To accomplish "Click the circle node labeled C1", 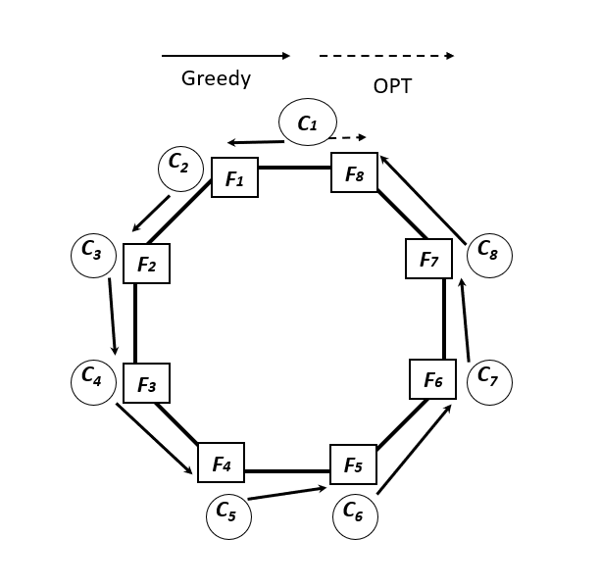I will point(308,123).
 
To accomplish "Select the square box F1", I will point(235,178).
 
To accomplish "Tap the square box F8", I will point(354,172).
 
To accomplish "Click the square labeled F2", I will point(147,264).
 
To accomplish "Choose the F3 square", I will point(147,383).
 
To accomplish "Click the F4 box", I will point(221,464).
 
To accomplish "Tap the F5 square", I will point(353,464).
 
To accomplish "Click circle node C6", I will point(355,514).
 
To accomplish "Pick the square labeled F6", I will point(432,379).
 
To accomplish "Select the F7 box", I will point(428,259).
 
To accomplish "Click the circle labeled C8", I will point(488,253).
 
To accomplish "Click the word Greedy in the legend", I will point(216,79).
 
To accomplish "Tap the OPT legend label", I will point(392,86).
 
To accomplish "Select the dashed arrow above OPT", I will point(386,56).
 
